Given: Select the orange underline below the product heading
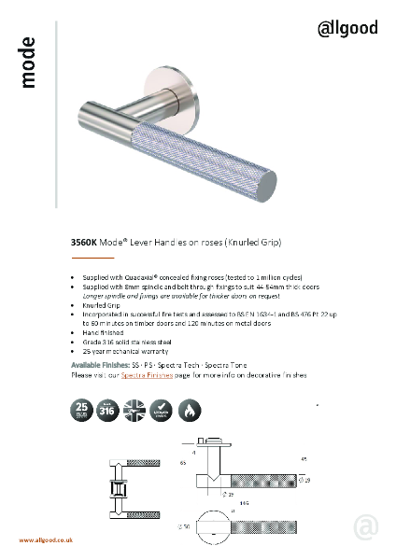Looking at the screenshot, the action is click(92, 256).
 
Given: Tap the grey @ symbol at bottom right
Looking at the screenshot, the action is click(367, 526).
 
